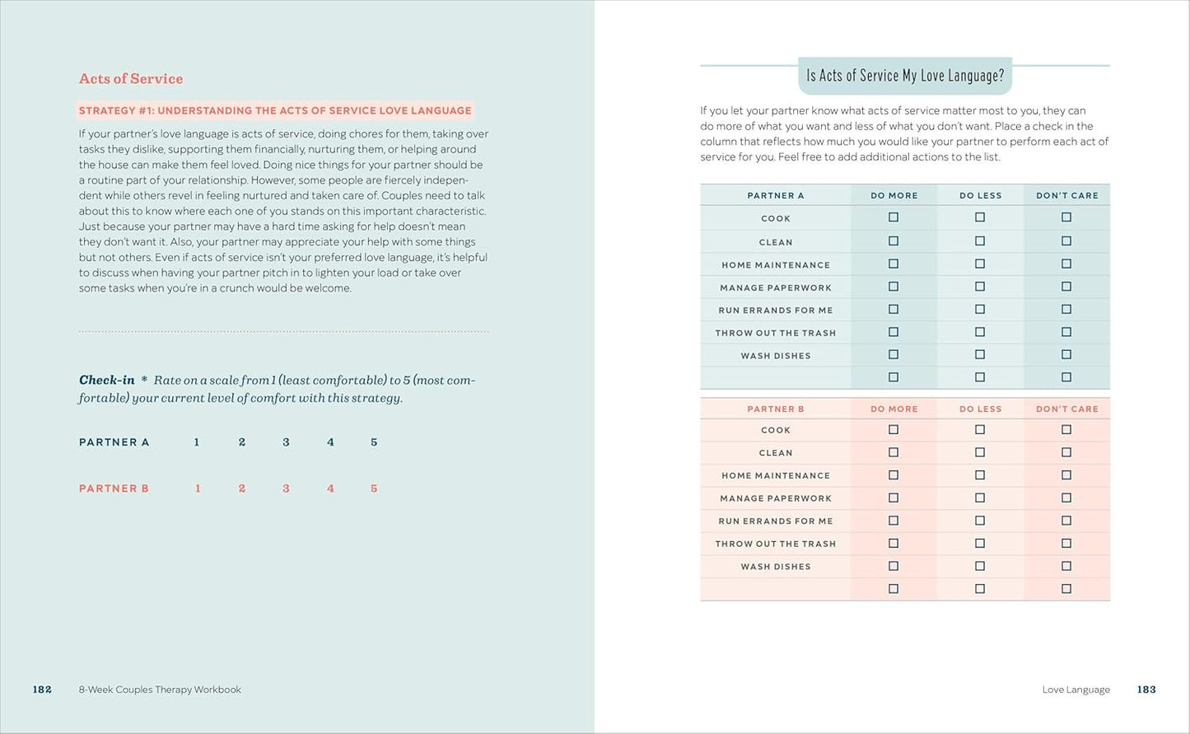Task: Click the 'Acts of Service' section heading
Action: pos(131,79)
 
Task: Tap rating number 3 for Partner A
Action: pos(286,442)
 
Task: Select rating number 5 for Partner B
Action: pos(374,489)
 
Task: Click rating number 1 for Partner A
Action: pos(197,442)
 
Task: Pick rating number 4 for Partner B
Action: pos(330,489)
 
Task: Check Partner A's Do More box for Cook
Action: pos(894,217)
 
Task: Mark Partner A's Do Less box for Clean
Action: pos(980,241)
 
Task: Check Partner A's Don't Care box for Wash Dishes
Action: pos(1066,355)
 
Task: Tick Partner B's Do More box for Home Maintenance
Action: pos(894,475)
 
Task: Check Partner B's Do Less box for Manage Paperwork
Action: pos(980,498)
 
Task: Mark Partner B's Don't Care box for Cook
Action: pos(1066,430)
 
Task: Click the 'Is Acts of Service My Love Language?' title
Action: pos(905,76)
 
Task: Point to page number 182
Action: pos(42,690)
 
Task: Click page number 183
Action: pos(1146,690)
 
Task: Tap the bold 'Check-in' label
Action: pos(106,380)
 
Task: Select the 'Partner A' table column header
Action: pos(776,196)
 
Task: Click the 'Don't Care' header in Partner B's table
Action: pos(1067,409)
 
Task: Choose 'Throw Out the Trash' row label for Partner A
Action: pos(776,333)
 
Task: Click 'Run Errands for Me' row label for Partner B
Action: pos(776,521)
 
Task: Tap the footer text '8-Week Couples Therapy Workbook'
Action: pos(160,690)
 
